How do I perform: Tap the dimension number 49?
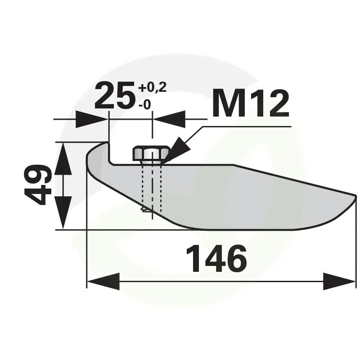38,184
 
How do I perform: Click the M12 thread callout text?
251,103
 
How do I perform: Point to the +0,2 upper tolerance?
152,87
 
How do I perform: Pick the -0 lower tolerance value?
144,105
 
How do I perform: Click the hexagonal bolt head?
151,153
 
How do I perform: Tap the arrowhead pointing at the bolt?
178,149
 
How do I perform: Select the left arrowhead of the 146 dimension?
103,281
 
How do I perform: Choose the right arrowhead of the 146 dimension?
339,281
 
